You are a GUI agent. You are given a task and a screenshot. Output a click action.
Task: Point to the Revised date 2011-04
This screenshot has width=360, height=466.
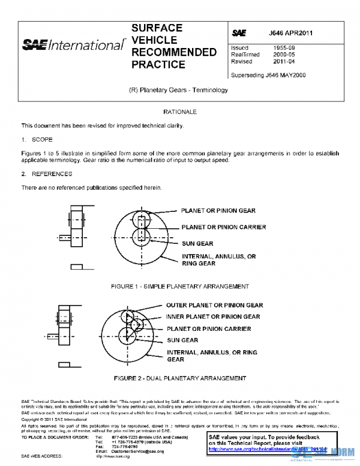283,61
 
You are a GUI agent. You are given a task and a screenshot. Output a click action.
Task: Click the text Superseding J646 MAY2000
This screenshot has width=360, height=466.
268,75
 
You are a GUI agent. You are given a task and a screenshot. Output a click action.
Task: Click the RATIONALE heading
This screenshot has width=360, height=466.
180,112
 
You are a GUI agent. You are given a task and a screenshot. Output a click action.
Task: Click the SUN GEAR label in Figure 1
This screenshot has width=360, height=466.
197,244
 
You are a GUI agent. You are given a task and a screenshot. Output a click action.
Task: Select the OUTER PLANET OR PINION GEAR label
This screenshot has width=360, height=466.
214,305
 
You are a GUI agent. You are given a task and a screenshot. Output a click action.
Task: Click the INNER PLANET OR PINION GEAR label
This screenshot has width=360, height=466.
213,316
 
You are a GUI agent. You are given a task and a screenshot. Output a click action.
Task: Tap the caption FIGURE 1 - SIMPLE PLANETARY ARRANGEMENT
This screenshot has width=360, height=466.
180,286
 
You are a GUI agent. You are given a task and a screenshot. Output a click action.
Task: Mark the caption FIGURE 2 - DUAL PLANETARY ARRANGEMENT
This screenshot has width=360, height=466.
180,378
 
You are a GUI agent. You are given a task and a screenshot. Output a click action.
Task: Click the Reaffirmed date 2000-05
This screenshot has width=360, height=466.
283,54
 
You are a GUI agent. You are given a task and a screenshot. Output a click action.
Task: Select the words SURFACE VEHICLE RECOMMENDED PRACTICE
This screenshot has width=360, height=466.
173,46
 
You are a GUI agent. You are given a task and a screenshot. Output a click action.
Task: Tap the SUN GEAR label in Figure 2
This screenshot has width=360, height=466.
182,340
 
